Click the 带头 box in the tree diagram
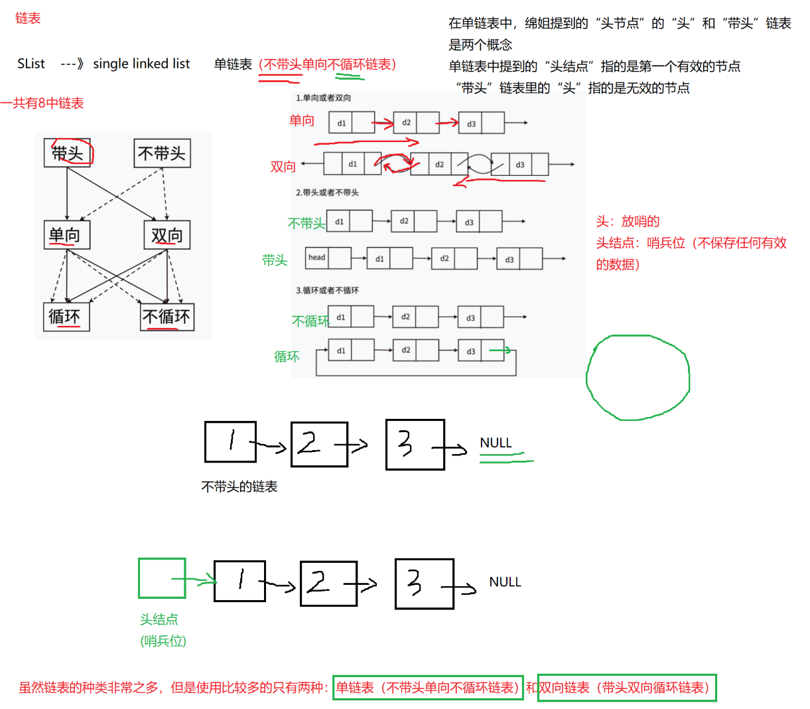point(67,153)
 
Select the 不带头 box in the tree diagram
point(162,153)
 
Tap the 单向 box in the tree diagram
point(66,235)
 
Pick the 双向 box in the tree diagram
point(167,235)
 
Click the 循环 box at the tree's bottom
point(66,317)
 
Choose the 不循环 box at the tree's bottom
point(167,317)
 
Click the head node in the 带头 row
point(328,258)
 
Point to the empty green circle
point(638,378)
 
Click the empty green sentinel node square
point(161,578)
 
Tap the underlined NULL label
point(496,443)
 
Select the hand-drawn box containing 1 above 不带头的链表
point(230,441)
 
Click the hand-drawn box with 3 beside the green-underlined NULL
point(415,444)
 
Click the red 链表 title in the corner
point(28,19)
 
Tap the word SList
point(31,64)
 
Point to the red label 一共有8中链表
point(42,103)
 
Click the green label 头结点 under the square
point(159,619)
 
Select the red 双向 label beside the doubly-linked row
point(283,167)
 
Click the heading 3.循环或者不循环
point(327,290)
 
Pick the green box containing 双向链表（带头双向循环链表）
point(626,688)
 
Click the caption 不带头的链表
point(239,487)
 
